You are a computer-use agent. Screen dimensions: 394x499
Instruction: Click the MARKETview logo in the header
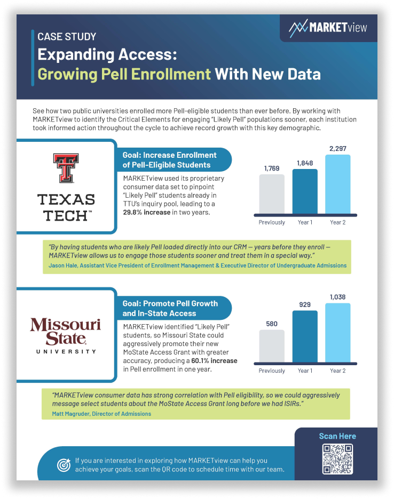coord(328,28)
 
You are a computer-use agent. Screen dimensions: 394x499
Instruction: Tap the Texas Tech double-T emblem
coord(66,168)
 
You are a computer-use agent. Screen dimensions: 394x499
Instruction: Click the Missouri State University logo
coord(66,335)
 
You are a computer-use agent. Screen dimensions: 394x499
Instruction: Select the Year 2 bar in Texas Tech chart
coord(337,184)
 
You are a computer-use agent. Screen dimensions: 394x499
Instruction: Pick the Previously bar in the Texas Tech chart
coord(272,194)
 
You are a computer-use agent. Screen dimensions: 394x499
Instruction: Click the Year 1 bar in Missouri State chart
coord(305,336)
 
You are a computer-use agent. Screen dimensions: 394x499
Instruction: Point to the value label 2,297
coord(337,148)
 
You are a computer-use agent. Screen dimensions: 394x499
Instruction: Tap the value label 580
coord(272,324)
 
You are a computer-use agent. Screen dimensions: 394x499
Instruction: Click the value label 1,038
coord(337,297)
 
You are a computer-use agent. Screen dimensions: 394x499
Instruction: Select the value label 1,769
coord(272,168)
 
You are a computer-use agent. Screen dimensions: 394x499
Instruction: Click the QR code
coord(337,459)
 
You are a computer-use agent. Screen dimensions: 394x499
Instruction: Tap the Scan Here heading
coord(337,436)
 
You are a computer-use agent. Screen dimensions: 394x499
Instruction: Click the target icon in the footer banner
coord(64,465)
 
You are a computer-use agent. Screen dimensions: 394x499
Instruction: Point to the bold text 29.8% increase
coord(147,212)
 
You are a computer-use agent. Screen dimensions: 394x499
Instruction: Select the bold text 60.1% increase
coord(214,360)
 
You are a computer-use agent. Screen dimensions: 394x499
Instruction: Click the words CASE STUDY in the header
coord(67,37)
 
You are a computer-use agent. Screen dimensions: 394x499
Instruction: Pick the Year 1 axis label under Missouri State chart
coord(305,371)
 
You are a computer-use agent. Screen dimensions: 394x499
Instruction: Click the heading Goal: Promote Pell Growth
coord(170,303)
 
